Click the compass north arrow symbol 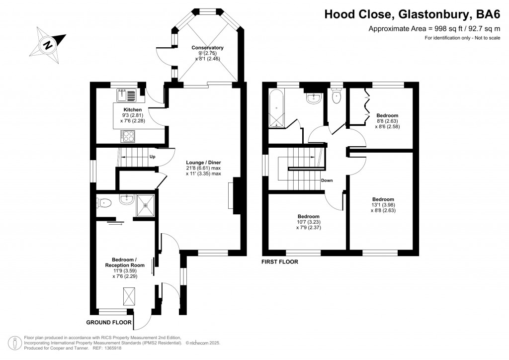tap(48, 44)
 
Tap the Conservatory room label tap(207, 48)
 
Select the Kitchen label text tap(133, 109)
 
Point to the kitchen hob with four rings tap(128, 135)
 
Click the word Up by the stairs tap(153, 157)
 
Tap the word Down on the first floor tap(327, 180)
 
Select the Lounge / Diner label tap(203, 162)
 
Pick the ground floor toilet tap(104, 202)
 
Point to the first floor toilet tap(337, 98)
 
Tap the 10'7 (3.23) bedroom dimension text tap(308, 222)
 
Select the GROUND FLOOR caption tap(109, 322)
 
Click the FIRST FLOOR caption tap(280, 261)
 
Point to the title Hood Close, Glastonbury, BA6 tap(412, 14)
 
